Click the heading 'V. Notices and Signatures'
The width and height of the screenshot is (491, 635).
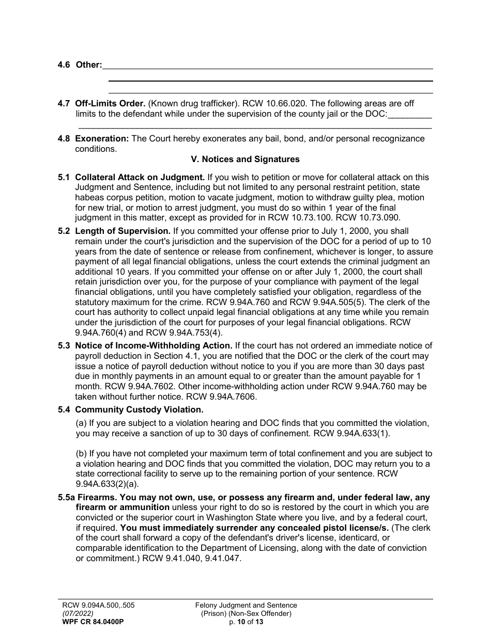click(x=245, y=159)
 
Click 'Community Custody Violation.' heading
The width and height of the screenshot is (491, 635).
click(x=139, y=410)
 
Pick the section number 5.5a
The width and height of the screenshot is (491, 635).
click(x=66, y=498)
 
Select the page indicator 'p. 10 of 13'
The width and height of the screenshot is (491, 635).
click(x=246, y=622)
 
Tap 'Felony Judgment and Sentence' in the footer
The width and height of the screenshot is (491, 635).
click(x=246, y=605)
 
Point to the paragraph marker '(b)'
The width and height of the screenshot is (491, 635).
click(x=82, y=453)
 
